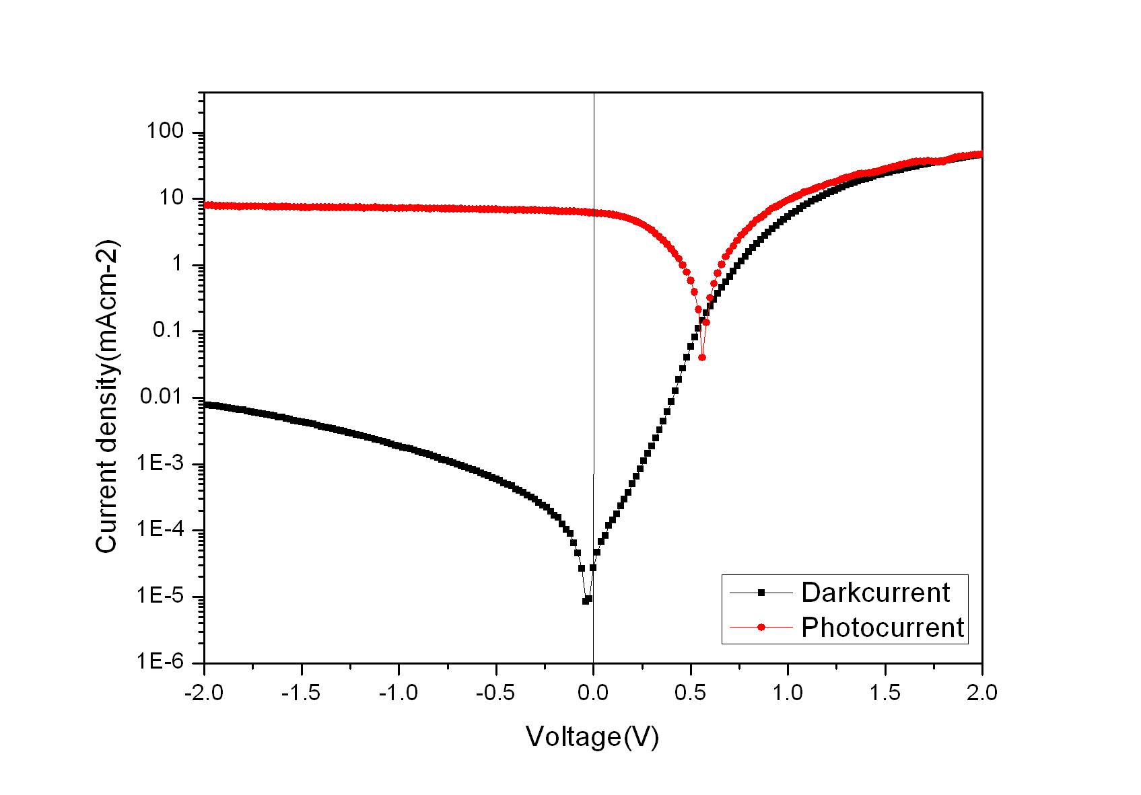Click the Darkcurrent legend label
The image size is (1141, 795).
coord(875,593)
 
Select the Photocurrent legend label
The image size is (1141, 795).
coord(883,628)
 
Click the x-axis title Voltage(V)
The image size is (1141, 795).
coord(592,737)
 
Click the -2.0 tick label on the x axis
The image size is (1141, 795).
coord(203,693)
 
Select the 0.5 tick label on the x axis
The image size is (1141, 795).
coord(691,693)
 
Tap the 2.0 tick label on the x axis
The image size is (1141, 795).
coord(981,693)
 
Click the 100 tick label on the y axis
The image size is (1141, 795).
coord(165,132)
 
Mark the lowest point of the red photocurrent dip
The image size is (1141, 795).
coord(702,357)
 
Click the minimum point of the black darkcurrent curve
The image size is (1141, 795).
coord(585,601)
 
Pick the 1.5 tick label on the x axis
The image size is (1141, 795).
coord(885,693)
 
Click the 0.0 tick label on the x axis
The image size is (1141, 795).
coord(593,693)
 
